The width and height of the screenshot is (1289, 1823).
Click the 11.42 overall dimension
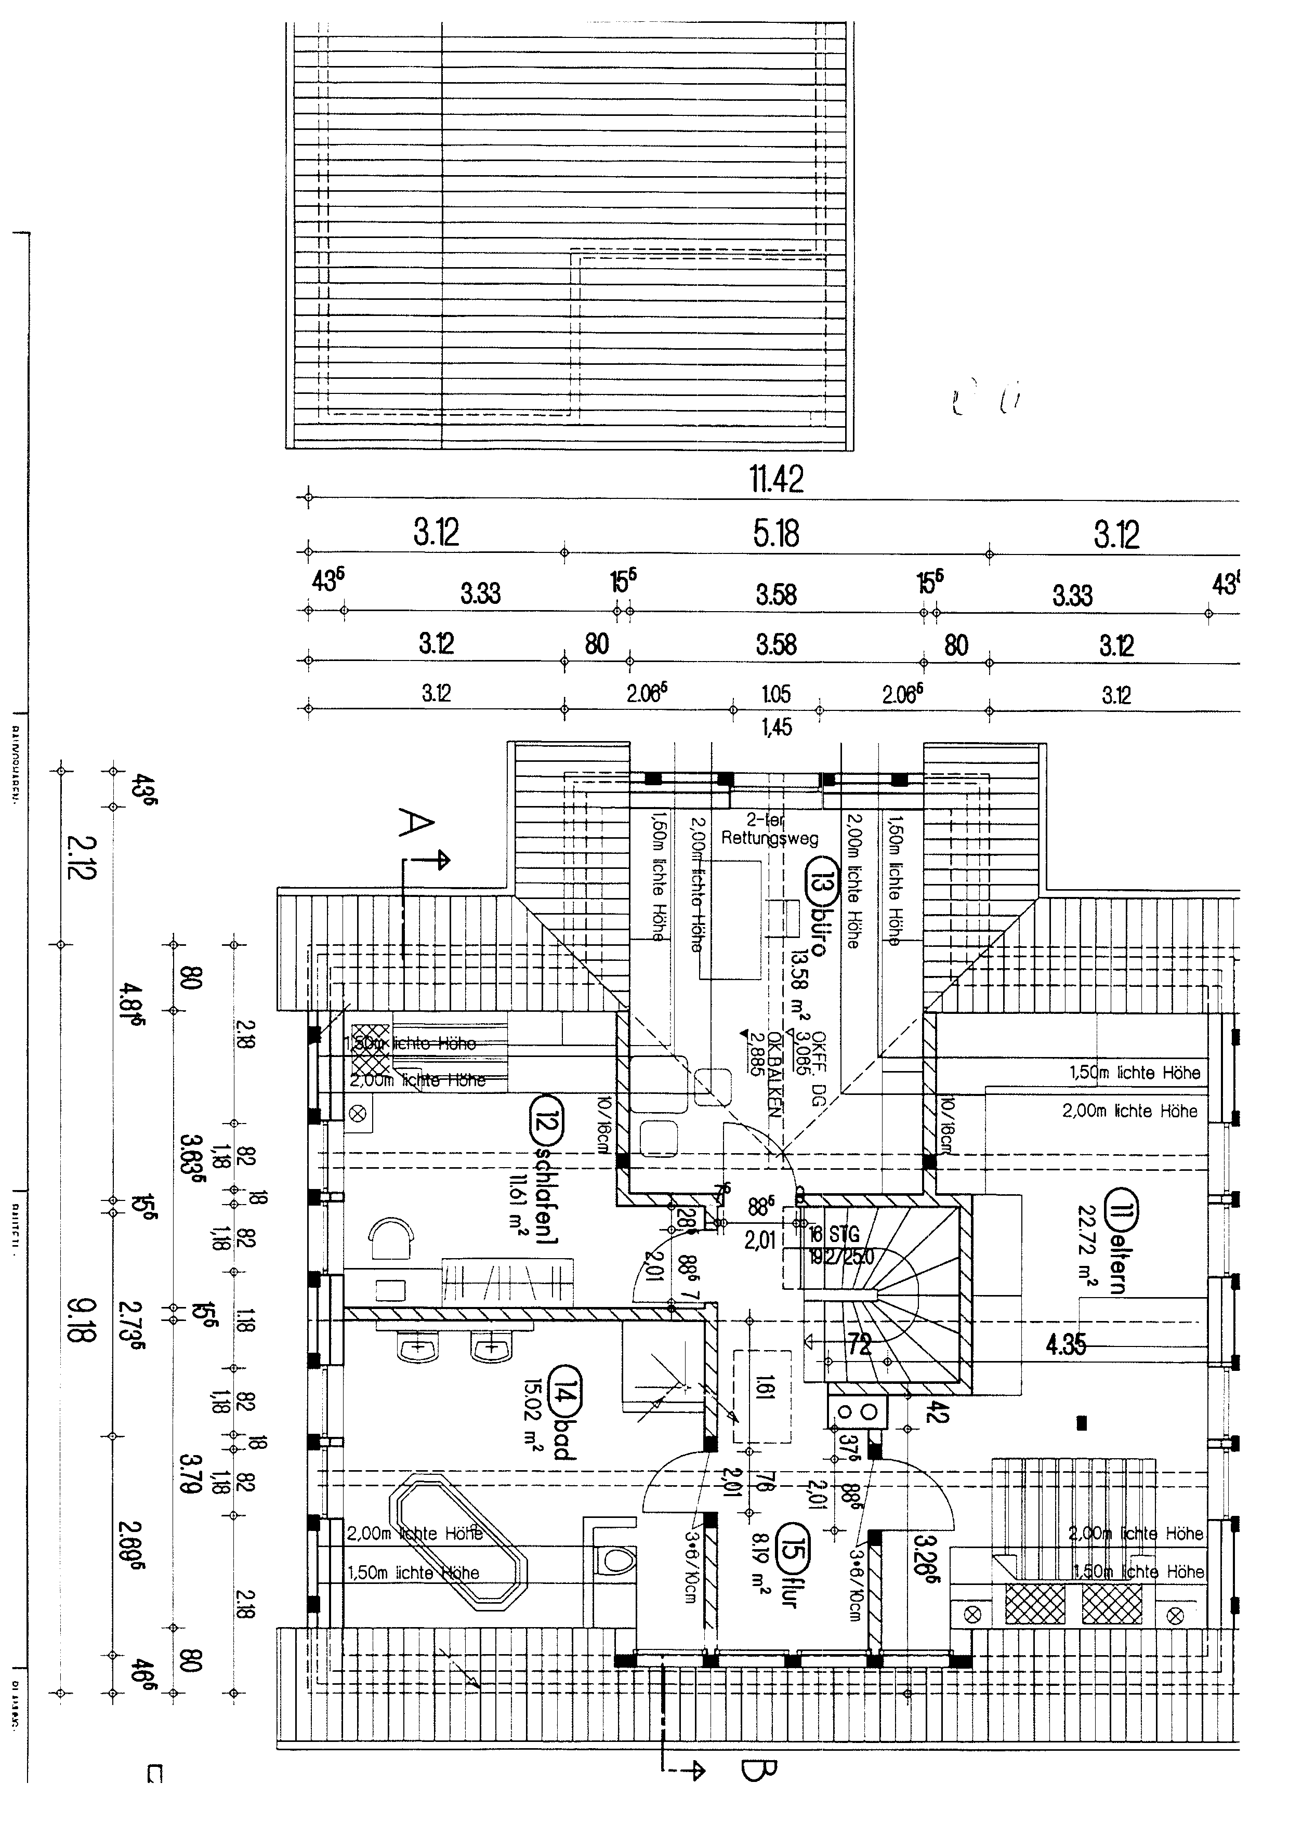(776, 478)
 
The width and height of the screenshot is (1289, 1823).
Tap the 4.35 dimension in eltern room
(1064, 1344)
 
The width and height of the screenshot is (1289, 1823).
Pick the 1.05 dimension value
(776, 695)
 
